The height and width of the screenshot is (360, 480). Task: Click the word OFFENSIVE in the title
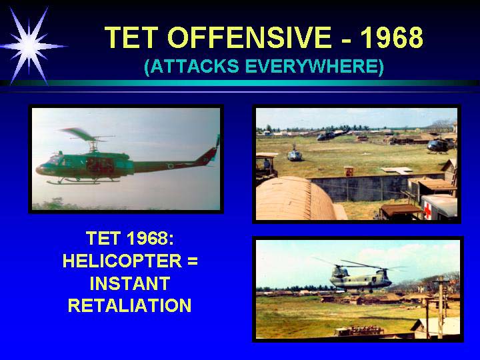[249, 37]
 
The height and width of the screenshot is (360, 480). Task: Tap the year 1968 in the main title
[392, 37]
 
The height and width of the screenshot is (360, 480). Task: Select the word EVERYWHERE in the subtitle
[315, 66]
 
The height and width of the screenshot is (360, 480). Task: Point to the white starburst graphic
[29, 46]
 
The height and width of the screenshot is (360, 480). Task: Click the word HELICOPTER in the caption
[122, 261]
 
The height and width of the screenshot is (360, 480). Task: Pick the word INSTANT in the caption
[130, 283]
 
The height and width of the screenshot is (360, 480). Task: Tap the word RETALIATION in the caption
[130, 305]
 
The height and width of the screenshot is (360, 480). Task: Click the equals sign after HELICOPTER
[193, 261]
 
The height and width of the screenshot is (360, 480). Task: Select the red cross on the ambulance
[427, 211]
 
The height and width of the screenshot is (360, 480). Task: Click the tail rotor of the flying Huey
[217, 141]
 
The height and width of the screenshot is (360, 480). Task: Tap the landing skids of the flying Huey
[83, 181]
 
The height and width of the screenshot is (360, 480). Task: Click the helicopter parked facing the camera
[295, 154]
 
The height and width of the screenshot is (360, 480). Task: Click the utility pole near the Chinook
[440, 307]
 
